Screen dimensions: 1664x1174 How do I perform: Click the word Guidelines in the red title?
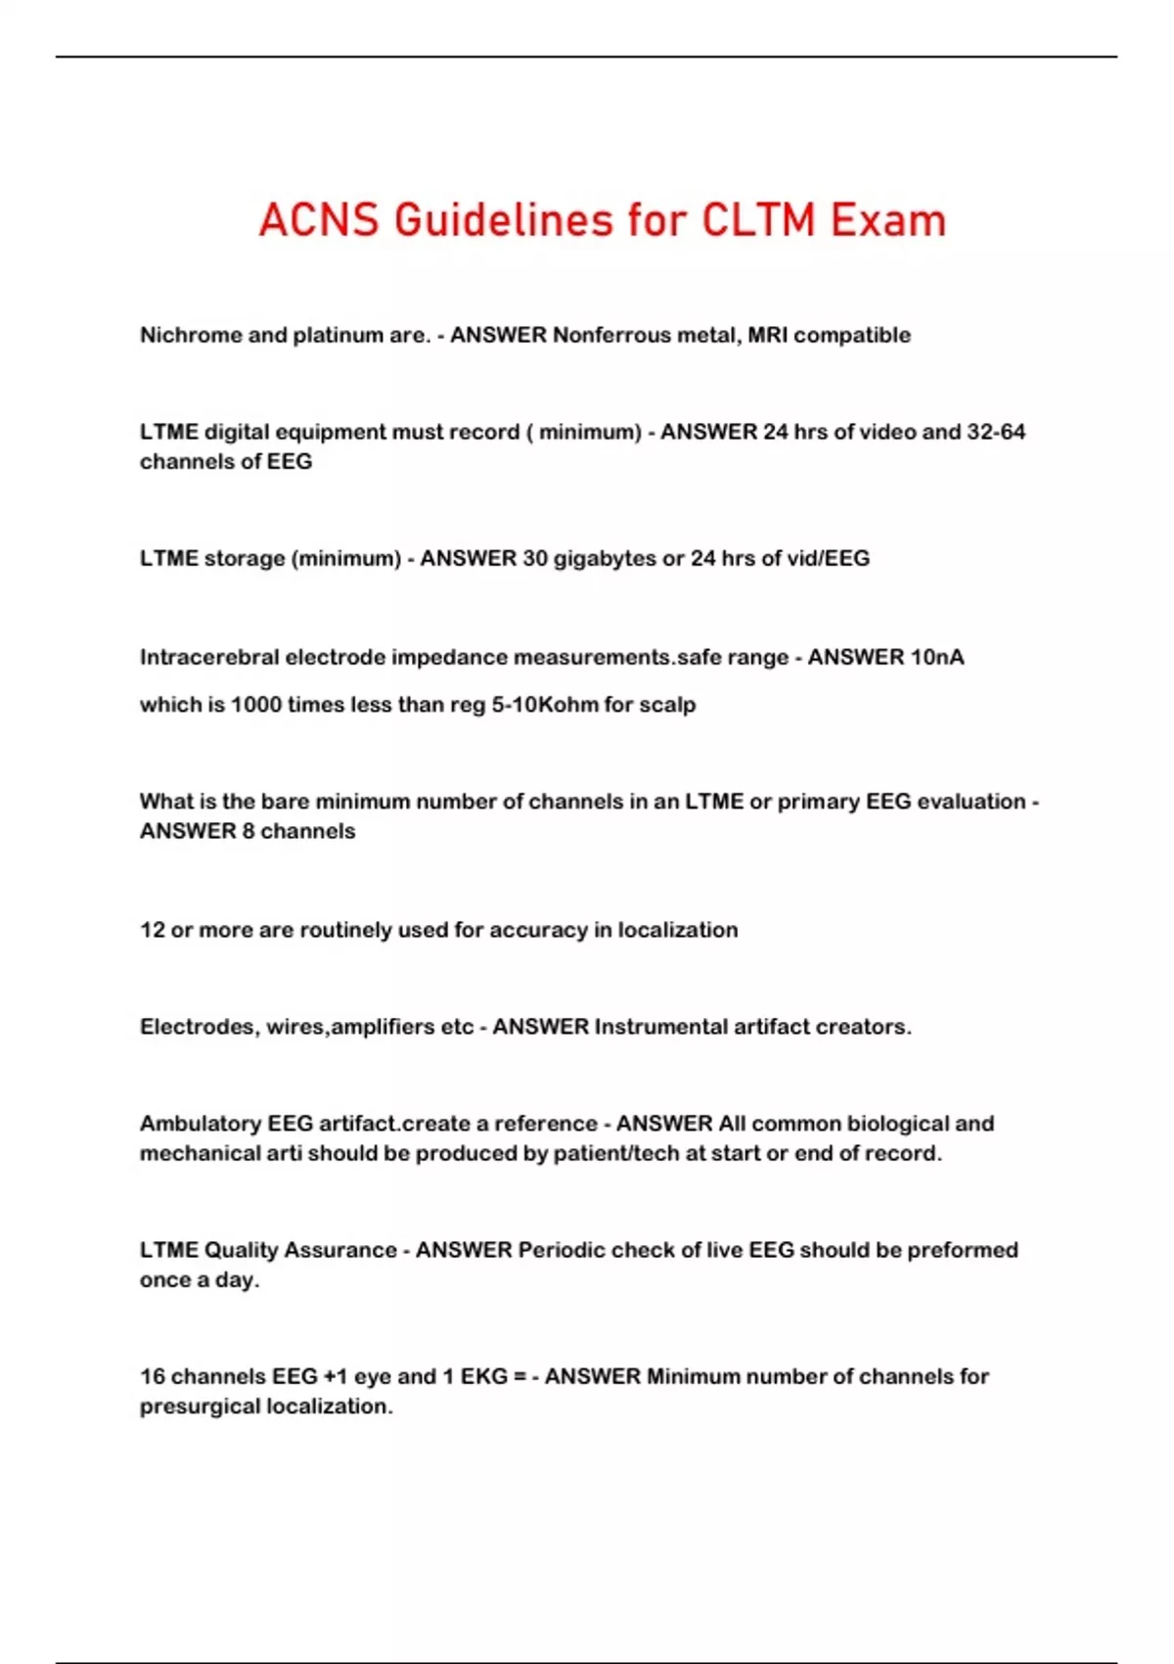pos(505,220)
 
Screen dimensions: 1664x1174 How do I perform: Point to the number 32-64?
pos(996,432)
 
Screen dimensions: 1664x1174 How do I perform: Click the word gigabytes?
pos(605,558)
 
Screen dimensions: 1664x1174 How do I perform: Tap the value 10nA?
pos(937,657)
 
